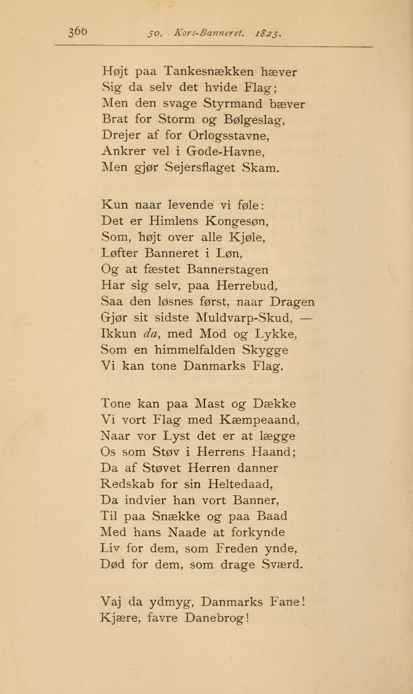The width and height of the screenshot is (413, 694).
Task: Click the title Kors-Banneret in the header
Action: pos(209,34)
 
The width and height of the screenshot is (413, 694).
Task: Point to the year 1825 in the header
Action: pos(268,34)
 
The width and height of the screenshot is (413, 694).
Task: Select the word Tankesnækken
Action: pos(209,72)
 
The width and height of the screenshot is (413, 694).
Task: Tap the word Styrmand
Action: pos(233,104)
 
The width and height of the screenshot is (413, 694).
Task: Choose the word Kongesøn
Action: pos(237,221)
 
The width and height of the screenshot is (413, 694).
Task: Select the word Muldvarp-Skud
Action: pos(244,318)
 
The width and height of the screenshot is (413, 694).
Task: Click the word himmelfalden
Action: pos(195,350)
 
